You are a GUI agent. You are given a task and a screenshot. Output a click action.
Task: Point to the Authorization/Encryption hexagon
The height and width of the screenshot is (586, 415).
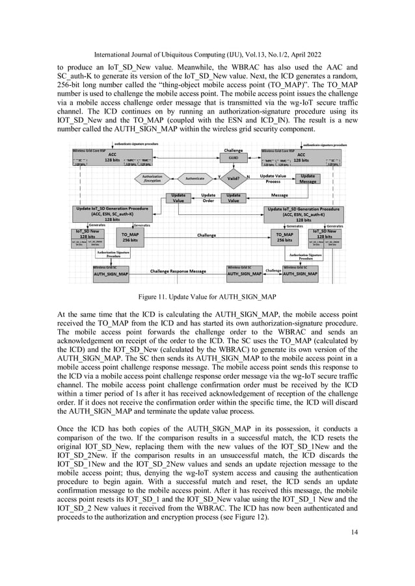click(152, 178)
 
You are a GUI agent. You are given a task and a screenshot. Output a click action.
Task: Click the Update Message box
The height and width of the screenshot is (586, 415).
click(308, 179)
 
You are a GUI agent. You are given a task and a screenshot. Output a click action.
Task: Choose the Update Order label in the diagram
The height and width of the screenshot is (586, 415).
click(208, 197)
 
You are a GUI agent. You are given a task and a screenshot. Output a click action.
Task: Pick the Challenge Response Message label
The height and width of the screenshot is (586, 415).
click(178, 271)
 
